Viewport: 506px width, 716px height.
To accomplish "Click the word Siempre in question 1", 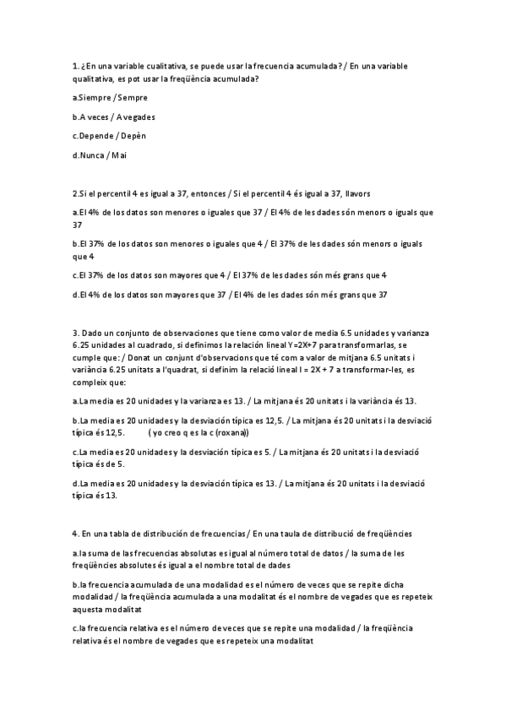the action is [95, 98].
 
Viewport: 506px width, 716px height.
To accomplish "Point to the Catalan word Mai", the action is [120, 155].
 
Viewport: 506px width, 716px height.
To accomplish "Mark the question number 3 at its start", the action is [76, 333].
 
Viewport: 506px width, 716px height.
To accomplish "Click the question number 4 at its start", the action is [76, 534].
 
